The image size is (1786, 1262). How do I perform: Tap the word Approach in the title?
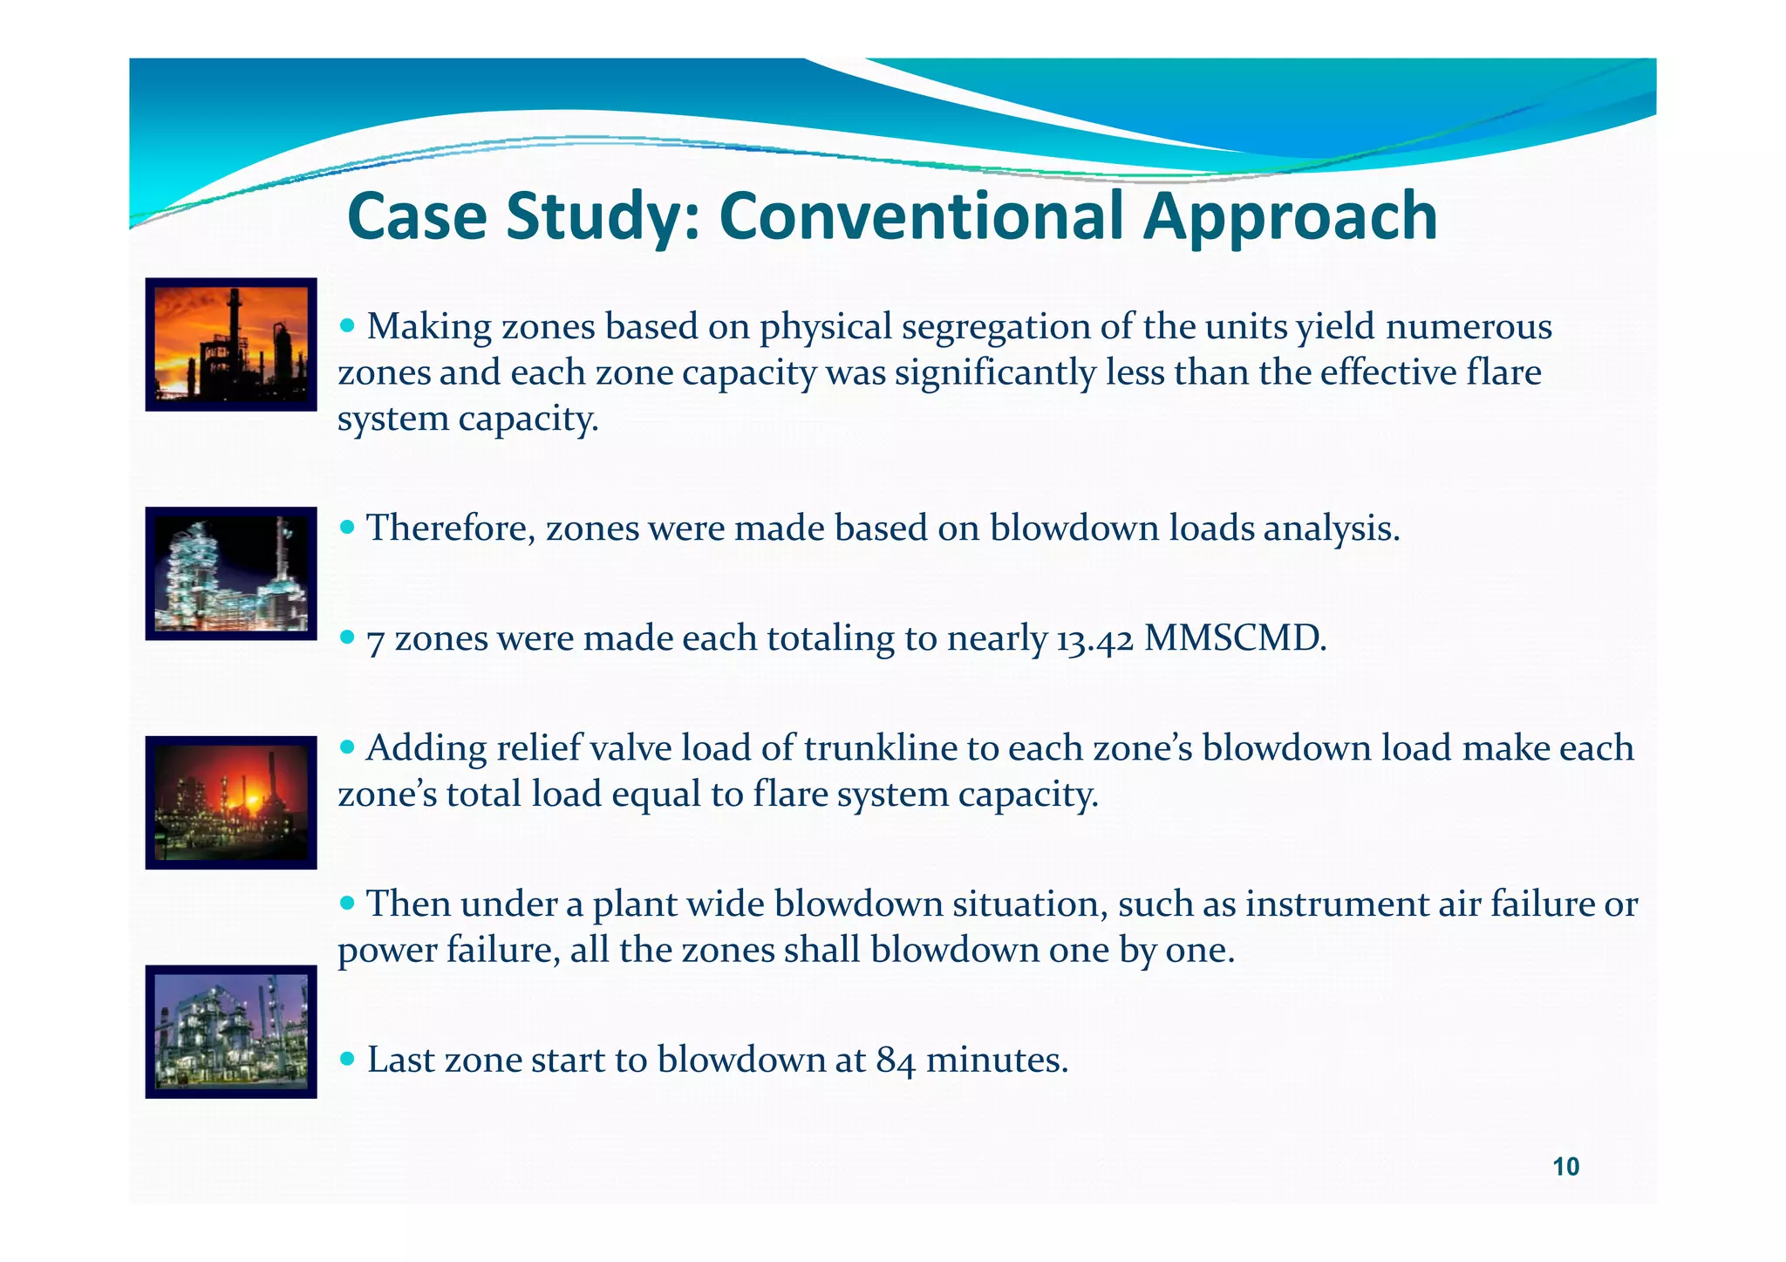(x=1291, y=218)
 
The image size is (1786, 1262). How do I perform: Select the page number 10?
(x=1566, y=1167)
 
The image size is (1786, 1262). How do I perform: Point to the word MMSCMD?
(x=1234, y=639)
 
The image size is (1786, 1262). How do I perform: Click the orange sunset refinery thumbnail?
(x=231, y=344)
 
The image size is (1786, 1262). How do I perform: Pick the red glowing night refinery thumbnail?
(x=231, y=802)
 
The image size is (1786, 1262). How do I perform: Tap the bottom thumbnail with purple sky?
(x=231, y=1032)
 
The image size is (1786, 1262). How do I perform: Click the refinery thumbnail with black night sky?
(x=231, y=574)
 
